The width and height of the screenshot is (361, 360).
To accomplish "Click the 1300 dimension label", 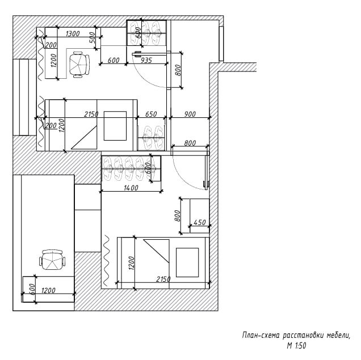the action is [73, 34].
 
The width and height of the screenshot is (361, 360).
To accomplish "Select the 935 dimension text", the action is [146, 60].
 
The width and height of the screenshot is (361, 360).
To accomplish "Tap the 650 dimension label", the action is [150, 114].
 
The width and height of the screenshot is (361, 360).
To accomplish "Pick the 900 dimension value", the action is [190, 114].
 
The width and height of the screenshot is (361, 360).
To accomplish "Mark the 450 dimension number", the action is [199, 222].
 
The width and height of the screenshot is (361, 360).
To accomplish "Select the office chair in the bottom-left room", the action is [53, 261].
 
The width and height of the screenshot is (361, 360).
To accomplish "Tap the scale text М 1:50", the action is [297, 344].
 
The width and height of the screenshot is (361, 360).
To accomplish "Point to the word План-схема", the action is [259, 335].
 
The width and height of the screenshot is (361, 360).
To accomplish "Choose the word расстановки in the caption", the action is [299, 335].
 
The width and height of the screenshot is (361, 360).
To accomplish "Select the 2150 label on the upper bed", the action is [91, 114].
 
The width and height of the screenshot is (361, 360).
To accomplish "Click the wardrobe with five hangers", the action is [131, 168].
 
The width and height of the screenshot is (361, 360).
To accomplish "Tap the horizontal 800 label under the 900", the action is [190, 143].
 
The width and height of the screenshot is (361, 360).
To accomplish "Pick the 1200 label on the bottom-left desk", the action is [48, 291].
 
